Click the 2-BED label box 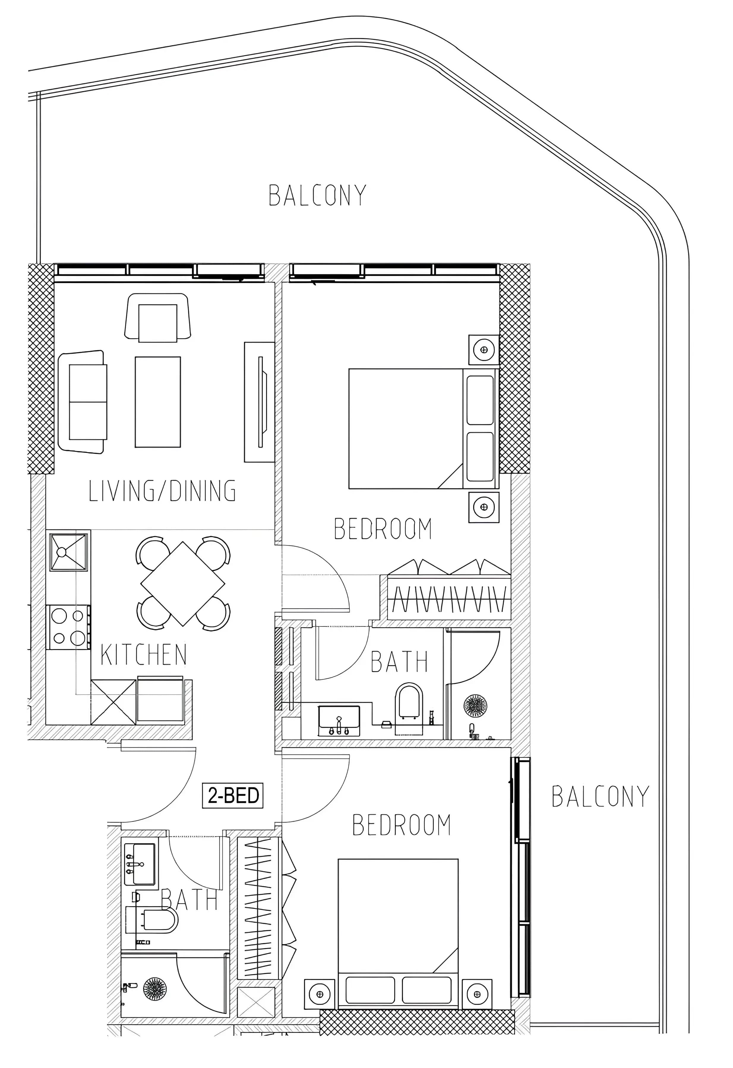[233, 795]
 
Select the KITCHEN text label [143, 655]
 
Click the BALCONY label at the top [317, 195]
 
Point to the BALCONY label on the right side [600, 797]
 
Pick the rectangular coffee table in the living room [158, 402]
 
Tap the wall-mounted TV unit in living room [260, 402]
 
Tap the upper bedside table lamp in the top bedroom [484, 350]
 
